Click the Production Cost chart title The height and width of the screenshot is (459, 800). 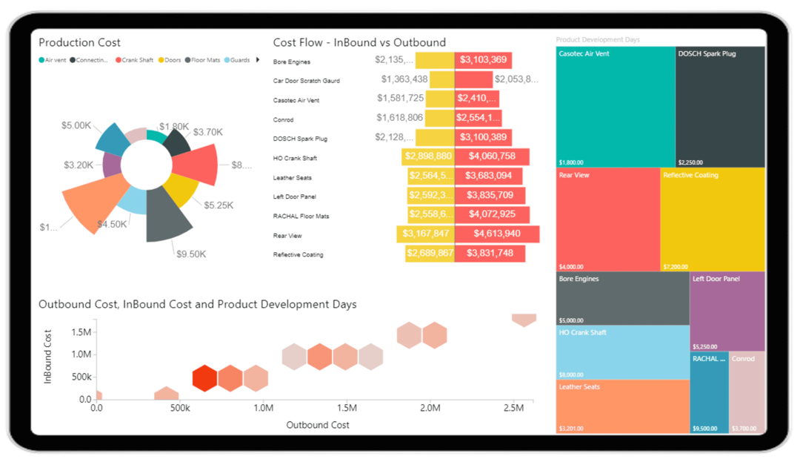[79, 43]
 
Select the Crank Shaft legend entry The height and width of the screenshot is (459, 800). [136, 60]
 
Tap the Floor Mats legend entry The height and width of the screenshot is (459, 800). [204, 60]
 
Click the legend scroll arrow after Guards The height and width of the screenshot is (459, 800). [258, 60]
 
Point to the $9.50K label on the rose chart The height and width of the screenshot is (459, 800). [191, 254]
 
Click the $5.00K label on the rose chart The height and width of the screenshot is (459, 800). [76, 125]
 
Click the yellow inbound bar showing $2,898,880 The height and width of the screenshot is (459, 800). [428, 156]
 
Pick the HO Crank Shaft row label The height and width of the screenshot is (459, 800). [295, 159]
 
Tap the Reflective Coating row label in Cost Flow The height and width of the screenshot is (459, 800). [298, 255]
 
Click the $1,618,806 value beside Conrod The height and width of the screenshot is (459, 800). [400, 117]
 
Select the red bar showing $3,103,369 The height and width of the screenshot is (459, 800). [483, 60]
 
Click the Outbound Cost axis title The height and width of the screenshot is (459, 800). [318, 425]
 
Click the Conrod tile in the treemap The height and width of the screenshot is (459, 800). [747, 393]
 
